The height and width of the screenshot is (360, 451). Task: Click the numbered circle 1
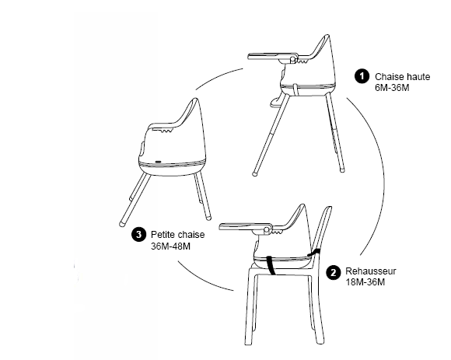362,76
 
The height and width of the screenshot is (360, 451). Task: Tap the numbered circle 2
334,272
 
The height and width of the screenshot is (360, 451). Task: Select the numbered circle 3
138,235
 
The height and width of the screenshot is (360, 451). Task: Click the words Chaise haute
402,77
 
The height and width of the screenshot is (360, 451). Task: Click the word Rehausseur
371,271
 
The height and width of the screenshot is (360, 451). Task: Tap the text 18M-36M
365,282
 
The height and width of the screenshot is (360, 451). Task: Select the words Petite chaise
178,235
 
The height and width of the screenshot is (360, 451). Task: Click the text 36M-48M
170,246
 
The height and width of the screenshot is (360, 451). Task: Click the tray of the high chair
273,56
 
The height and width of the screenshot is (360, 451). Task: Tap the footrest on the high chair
275,102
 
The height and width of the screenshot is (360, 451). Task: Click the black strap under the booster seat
271,265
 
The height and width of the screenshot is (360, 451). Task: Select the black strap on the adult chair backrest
314,253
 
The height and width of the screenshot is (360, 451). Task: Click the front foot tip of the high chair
254,173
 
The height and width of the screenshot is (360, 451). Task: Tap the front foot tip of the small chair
122,224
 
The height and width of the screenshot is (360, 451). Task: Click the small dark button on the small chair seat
158,162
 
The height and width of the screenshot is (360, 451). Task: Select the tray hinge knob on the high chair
292,60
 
